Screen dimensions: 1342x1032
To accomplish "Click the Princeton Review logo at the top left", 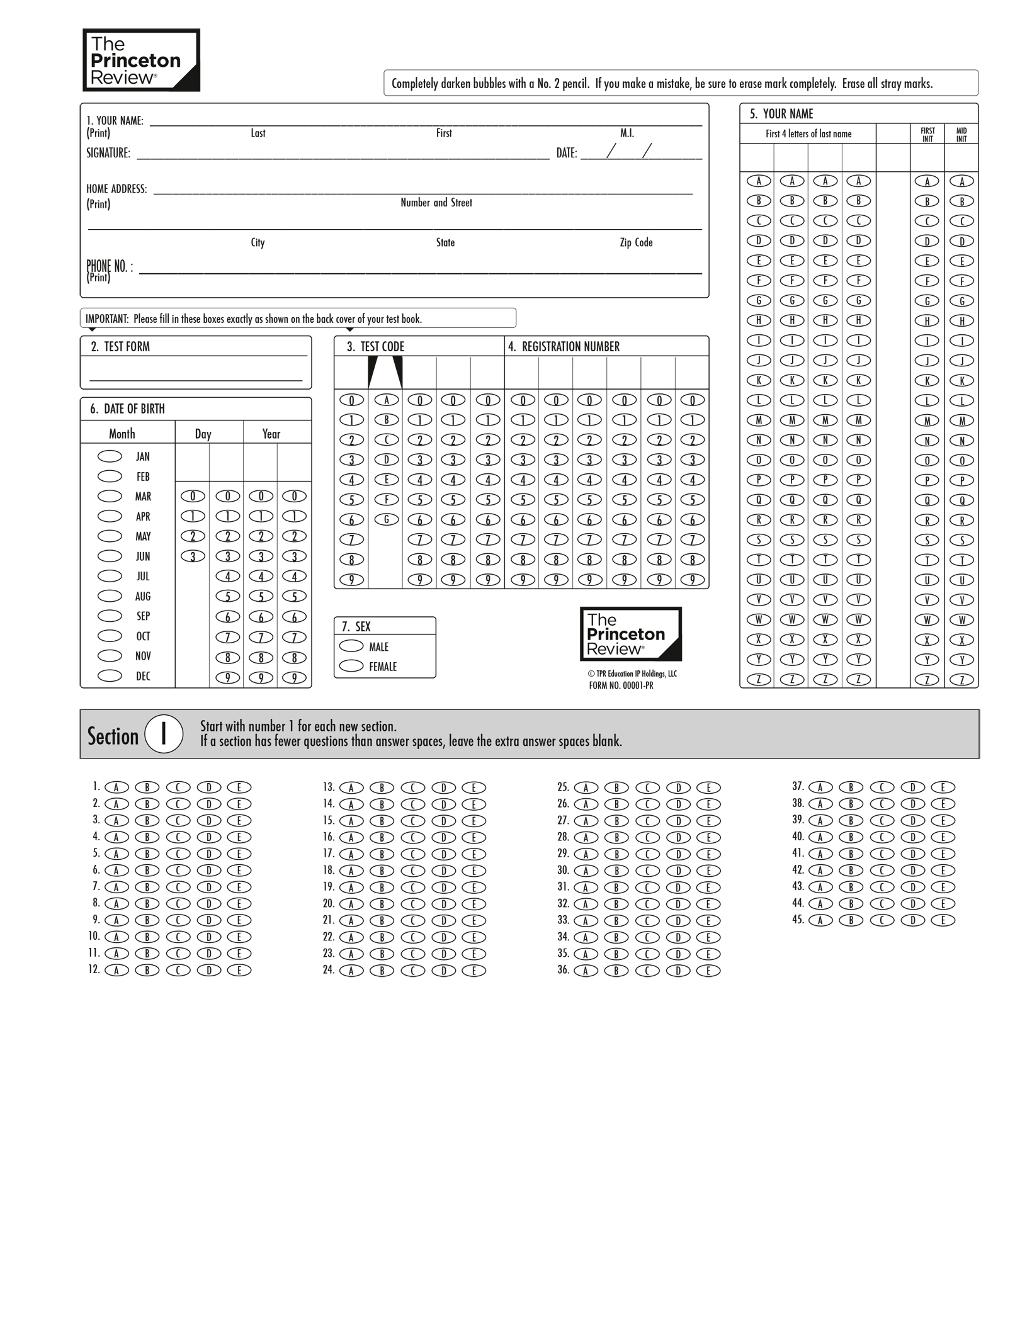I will pyautogui.click(x=141, y=60).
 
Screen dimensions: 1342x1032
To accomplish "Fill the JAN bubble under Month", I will pyautogui.click(x=110, y=456).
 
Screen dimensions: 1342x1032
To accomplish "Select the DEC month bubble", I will pyautogui.click(x=110, y=675).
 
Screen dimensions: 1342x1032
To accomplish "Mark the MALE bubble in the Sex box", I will pyautogui.click(x=351, y=646).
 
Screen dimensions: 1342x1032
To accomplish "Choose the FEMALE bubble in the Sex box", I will pyautogui.click(x=351, y=665).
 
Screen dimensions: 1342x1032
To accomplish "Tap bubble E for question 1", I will pyautogui.click(x=239, y=787).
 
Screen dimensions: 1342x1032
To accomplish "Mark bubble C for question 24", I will pyautogui.click(x=413, y=971).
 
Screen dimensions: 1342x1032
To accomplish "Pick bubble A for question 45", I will pyautogui.click(x=820, y=920).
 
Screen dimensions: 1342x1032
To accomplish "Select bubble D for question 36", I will pyautogui.click(x=678, y=971).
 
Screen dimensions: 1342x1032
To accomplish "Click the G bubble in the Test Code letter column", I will pyautogui.click(x=387, y=519).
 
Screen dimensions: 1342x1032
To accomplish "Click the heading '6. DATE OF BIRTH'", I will pyautogui.click(x=127, y=409).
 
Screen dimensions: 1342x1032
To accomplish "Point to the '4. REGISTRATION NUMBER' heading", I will pyautogui.click(x=564, y=347).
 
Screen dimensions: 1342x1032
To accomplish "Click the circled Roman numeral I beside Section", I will pyautogui.click(x=164, y=734).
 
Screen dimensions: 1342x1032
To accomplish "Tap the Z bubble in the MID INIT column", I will pyautogui.click(x=961, y=680).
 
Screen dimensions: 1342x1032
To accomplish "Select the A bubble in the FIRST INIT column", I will pyautogui.click(x=927, y=181).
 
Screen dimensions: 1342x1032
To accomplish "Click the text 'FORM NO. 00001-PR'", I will pyautogui.click(x=621, y=685).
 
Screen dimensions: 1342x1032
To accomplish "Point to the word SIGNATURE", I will pyautogui.click(x=108, y=153).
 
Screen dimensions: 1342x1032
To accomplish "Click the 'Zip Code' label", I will pyautogui.click(x=636, y=242).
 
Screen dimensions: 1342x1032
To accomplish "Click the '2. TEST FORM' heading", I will pyautogui.click(x=120, y=347).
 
